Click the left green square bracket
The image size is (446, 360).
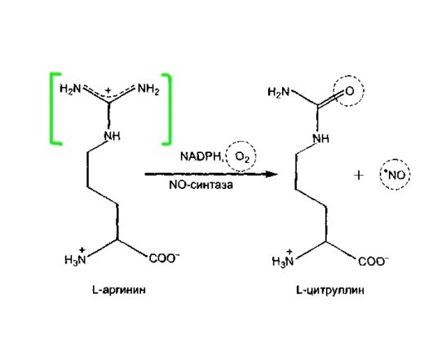tap(52, 109)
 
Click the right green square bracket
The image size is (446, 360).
tap(170, 109)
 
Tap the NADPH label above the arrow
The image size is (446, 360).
tap(200, 156)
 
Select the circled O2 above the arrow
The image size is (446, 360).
tap(241, 156)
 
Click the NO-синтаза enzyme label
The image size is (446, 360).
tap(201, 185)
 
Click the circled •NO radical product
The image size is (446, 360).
tap(395, 175)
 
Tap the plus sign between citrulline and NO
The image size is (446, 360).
tap(359, 175)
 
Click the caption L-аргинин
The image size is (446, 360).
tap(119, 290)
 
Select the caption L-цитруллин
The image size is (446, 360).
tap(330, 291)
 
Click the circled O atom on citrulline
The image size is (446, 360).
tap(349, 91)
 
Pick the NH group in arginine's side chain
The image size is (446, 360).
tap(112, 136)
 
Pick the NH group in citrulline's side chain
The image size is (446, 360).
tap(321, 138)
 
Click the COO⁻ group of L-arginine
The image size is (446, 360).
tap(164, 258)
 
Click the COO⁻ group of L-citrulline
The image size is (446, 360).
tap(373, 261)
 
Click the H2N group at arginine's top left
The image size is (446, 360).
tap(70, 89)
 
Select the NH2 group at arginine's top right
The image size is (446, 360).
tap(148, 89)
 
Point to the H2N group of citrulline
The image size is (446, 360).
tap(279, 92)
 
